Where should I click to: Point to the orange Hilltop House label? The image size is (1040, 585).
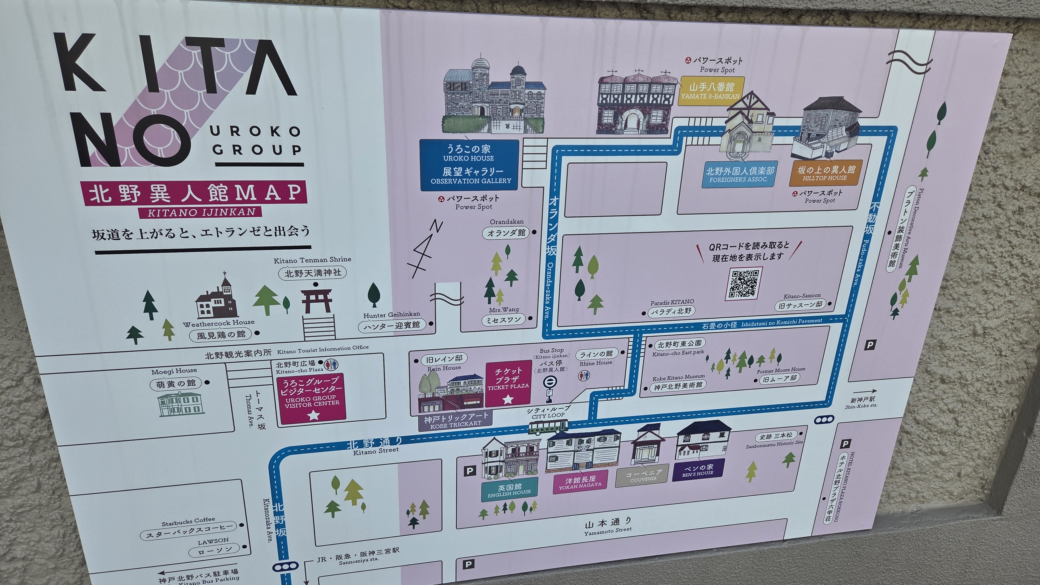click(x=824, y=173)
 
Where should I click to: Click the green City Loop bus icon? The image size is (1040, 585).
click(x=548, y=427)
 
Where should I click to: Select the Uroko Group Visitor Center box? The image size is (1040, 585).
click(x=312, y=400)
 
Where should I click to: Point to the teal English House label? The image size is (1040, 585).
click(x=509, y=489)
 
